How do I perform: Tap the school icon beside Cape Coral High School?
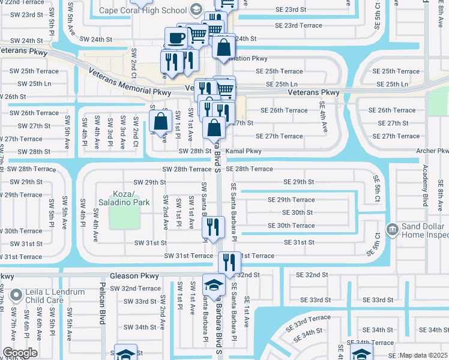196,10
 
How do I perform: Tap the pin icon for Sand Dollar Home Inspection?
392,229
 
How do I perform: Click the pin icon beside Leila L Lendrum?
17,294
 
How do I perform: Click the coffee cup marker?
176,38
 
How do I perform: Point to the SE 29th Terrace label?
291,200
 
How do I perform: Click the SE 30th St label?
297,212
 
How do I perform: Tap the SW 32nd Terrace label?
133,289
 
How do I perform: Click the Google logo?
19,353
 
